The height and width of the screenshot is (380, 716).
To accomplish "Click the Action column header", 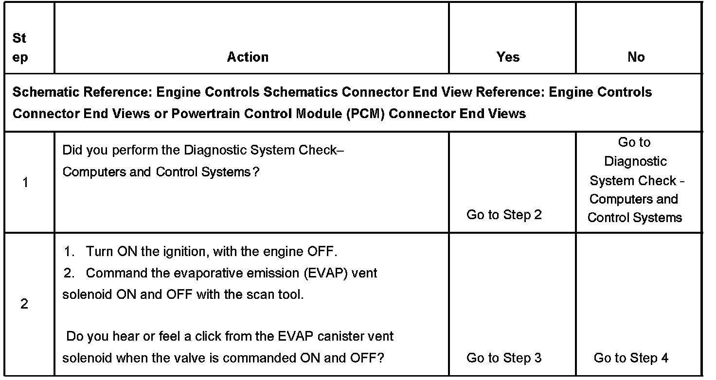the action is click(248, 57).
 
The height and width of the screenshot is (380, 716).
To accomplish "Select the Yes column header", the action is click(508, 57).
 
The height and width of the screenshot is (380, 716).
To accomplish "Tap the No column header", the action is click(636, 57).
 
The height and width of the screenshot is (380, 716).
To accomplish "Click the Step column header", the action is click(20, 48).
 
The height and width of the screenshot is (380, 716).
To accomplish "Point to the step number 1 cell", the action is click(25, 183).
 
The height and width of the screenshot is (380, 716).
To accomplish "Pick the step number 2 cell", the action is click(24, 305).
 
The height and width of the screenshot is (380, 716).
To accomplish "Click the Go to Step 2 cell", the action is click(504, 215).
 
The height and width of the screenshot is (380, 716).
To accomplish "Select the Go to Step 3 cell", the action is click(504, 358).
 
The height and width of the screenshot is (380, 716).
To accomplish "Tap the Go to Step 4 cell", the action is click(631, 358).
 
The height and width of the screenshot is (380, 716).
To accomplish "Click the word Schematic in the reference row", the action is click(42, 92).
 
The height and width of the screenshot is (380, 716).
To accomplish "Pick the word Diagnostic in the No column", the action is click(635, 161).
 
